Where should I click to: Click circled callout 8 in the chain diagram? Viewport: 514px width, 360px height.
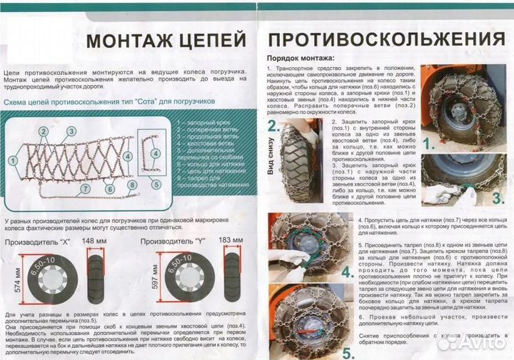[132, 184]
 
